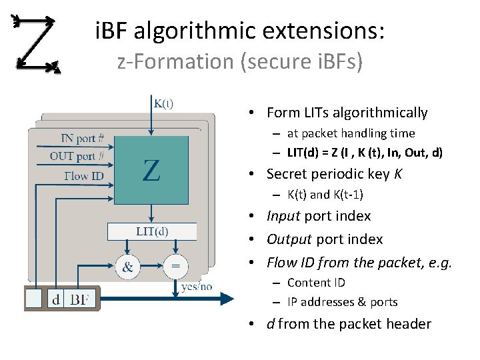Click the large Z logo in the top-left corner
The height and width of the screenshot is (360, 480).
(x=37, y=44)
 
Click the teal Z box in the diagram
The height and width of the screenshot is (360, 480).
(x=153, y=170)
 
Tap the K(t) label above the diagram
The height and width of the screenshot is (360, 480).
(x=164, y=103)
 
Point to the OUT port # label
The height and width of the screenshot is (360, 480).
(x=77, y=157)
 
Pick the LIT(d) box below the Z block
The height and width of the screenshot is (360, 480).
(x=152, y=231)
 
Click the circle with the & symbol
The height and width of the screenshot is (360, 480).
(x=127, y=267)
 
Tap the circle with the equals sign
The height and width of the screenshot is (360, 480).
(x=175, y=267)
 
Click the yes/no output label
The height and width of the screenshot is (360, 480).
(x=197, y=287)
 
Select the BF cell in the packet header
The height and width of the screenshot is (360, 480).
(x=83, y=299)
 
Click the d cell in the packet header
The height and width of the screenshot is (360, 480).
(x=56, y=299)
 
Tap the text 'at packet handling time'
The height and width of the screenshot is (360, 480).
(x=351, y=133)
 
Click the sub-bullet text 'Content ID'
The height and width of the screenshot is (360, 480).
(x=316, y=283)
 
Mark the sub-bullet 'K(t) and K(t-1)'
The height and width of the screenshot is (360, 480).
(x=325, y=195)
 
